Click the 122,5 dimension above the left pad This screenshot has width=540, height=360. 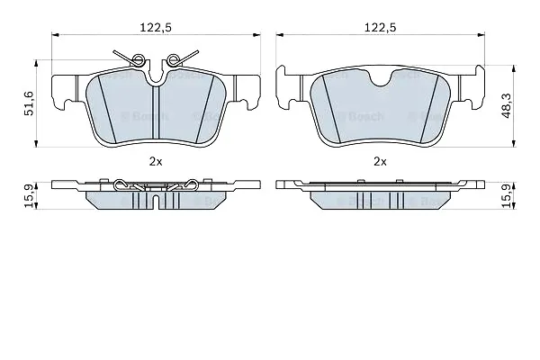[x=156, y=28]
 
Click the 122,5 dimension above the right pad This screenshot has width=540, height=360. [x=380, y=28]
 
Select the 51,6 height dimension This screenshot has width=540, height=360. [x=29, y=103]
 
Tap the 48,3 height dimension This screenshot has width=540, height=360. [x=507, y=106]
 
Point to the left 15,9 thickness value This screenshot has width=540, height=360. [x=29, y=195]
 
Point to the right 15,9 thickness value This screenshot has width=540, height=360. [x=507, y=195]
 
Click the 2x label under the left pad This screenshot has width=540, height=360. [x=156, y=162]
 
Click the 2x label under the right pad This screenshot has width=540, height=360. [x=380, y=162]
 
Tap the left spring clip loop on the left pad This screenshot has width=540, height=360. [x=138, y=59]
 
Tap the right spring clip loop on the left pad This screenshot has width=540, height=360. [x=172, y=60]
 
